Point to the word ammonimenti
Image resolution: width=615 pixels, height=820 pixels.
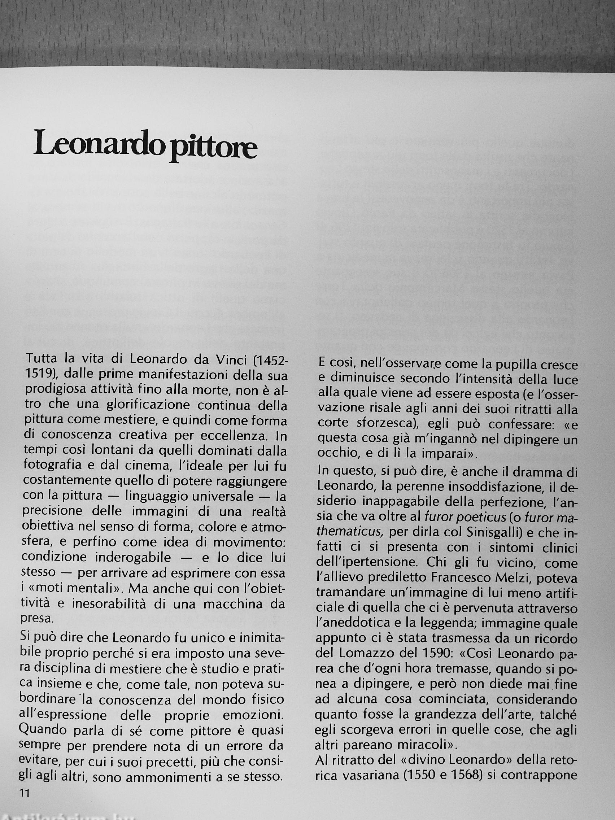tap(169, 775)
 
